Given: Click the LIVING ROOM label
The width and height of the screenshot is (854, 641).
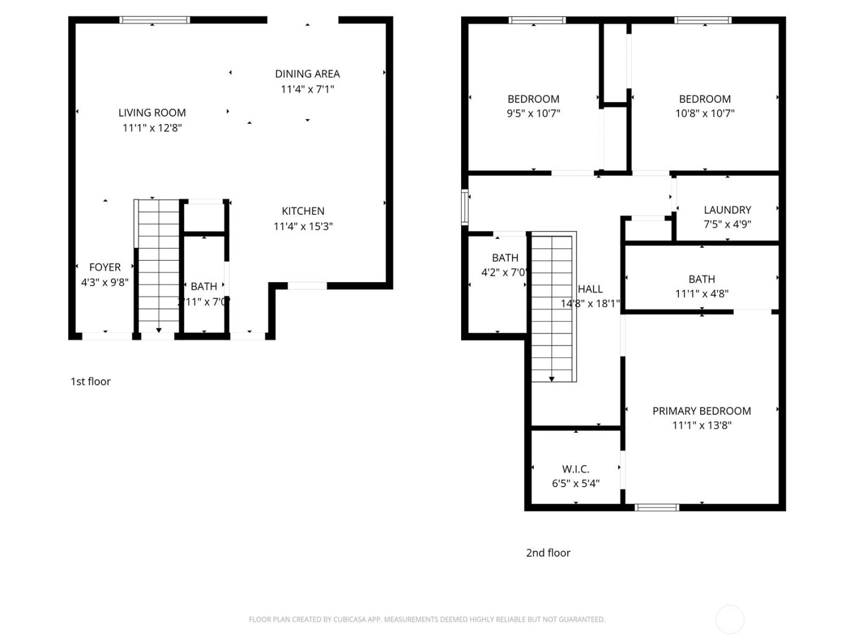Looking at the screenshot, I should coord(152,113).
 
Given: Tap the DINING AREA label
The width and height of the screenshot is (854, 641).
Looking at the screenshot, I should coord(307,74).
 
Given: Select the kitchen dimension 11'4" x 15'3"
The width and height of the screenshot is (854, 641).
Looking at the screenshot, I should coord(303,226).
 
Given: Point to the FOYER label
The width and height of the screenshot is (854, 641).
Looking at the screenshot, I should coord(105,267).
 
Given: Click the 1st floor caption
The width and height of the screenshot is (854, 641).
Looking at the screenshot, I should coord(90,382).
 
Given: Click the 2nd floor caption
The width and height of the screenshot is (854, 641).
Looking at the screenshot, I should coord(548,553).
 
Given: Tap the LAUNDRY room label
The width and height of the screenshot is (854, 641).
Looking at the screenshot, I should coord(727,210).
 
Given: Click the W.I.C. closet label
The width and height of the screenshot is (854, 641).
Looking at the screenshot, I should coord(575,469).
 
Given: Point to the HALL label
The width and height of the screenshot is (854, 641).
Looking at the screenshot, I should coord(590,289).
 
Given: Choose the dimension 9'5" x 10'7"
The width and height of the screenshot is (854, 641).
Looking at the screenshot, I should coord(533,114).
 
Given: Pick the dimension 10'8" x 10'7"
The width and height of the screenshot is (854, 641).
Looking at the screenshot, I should coord(705,114).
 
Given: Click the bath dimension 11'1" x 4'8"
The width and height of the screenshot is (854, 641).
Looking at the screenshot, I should coord(701,294).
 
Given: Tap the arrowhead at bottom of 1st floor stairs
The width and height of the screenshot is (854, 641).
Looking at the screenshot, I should coord(159,330).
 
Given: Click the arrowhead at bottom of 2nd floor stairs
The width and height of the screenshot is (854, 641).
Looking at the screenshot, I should coord(551,379).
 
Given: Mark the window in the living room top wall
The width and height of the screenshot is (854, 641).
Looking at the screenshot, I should coord(155,20).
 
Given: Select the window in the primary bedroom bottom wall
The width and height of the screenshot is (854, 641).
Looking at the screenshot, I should coord(657,507).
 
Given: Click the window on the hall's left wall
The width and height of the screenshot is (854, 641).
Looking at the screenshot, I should coord(465,208).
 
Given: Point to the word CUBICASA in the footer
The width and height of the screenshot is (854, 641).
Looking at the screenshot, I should coord(350,620).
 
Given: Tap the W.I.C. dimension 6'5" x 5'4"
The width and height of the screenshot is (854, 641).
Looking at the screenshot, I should coord(575,484).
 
